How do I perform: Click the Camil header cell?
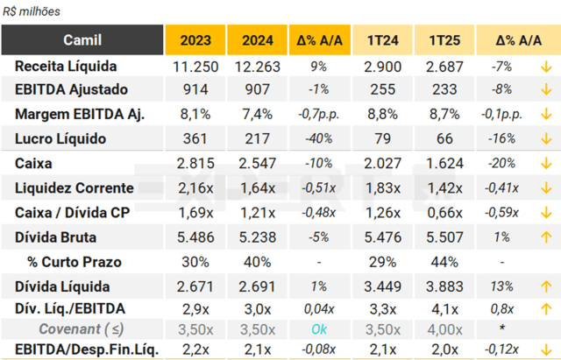tap(83, 40)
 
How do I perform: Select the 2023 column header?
tap(195, 40)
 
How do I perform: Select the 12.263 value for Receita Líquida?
tap(257, 67)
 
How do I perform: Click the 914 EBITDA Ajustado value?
tap(195, 89)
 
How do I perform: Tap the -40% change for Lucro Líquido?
tap(318, 138)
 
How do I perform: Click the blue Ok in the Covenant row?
tap(318, 328)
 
